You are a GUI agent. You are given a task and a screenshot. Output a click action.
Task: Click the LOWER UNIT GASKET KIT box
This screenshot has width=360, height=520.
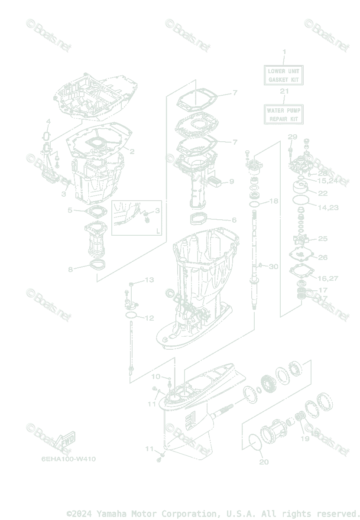(x=284, y=75)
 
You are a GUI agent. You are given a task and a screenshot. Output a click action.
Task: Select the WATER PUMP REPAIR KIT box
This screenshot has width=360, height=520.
(x=284, y=114)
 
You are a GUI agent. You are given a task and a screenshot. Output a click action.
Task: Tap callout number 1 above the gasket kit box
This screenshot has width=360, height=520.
(x=284, y=52)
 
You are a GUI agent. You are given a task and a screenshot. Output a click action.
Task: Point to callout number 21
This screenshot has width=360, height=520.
(x=284, y=91)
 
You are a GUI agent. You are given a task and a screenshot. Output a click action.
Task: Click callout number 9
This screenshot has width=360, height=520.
(x=232, y=181)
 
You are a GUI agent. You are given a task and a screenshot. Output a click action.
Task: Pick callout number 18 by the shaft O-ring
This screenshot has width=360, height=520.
(x=273, y=201)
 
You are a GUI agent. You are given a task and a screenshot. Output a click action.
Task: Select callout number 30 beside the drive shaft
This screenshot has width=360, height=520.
(x=273, y=266)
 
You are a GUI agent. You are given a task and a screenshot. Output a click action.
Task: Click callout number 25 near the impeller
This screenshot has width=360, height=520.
(x=323, y=239)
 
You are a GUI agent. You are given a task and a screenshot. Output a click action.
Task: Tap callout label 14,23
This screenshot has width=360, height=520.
(x=328, y=208)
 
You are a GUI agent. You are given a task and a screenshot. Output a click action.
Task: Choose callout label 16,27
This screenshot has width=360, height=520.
(x=328, y=278)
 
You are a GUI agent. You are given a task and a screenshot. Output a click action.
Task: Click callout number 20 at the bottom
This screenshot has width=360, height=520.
(x=264, y=462)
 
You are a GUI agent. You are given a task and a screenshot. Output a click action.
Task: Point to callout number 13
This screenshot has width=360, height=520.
(x=149, y=280)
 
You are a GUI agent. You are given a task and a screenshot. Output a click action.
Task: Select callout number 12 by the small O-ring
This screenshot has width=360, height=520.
(x=149, y=318)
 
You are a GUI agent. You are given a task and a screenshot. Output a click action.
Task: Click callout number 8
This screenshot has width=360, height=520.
(x=70, y=270)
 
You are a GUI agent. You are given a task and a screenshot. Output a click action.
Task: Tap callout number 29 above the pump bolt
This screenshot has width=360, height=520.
(x=292, y=137)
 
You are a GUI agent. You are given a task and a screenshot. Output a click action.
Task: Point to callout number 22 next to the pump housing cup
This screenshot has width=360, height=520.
(x=323, y=193)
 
